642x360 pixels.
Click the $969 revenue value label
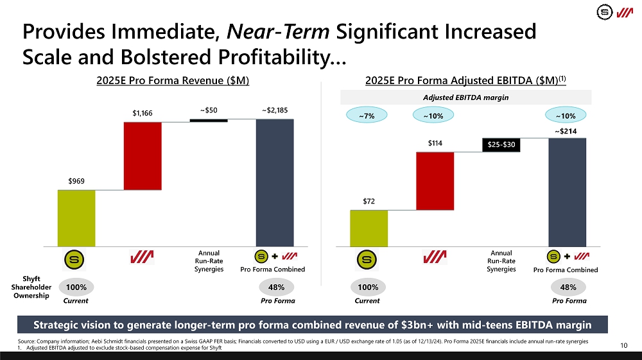[x=77, y=182]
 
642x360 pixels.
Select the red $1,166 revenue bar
[x=143, y=155]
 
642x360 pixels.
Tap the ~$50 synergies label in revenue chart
[x=209, y=110]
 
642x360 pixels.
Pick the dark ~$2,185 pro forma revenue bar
[x=275, y=182]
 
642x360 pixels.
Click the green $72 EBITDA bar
[x=369, y=228]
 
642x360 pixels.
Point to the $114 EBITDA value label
[x=435, y=143]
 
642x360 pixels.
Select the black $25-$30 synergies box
[x=501, y=145]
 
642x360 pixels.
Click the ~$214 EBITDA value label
[x=568, y=131]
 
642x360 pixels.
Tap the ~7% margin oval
[x=368, y=116]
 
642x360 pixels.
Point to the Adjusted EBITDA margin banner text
[x=465, y=97]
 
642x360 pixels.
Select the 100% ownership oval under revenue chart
[x=76, y=287]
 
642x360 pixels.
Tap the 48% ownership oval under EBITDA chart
[x=568, y=287]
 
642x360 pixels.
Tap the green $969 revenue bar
[x=76, y=218]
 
